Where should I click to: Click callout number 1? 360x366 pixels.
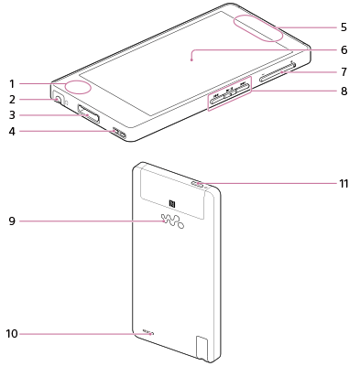tap(12, 83)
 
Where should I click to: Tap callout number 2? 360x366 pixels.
tap(12, 100)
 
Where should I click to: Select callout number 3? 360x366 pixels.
tap(12, 115)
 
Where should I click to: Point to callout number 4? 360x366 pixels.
tap(12, 132)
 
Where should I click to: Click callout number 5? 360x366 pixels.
tap(344, 27)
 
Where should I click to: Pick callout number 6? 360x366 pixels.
tap(344, 49)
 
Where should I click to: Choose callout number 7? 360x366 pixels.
tap(344, 72)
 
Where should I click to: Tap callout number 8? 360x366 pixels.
tap(344, 91)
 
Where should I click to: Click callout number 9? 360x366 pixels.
tap(12, 221)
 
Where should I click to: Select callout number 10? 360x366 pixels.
tap(12, 334)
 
